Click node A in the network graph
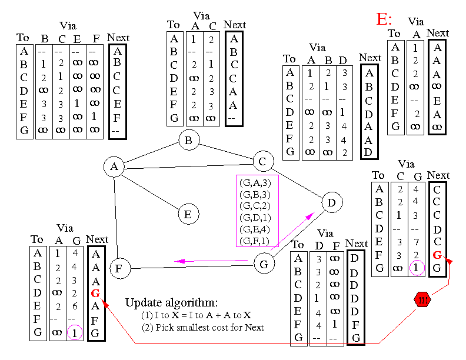(x=114, y=168)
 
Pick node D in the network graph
(x=332, y=203)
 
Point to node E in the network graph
(x=188, y=214)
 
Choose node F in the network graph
(x=119, y=268)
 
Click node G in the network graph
(x=264, y=264)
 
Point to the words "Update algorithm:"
(x=171, y=303)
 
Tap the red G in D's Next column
(x=437, y=255)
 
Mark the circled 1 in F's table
(x=75, y=333)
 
